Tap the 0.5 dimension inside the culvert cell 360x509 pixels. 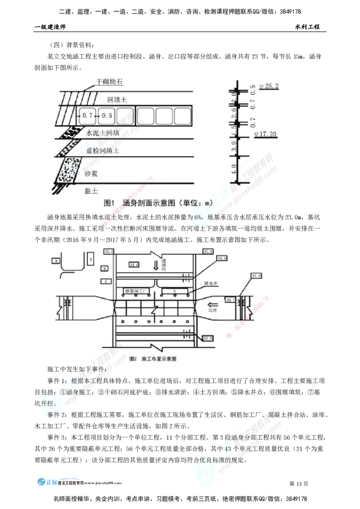[x=107, y=116]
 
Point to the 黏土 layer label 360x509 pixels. [x=90, y=192]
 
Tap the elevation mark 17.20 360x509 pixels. [x=266, y=134]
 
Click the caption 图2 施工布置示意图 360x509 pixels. [x=152, y=359]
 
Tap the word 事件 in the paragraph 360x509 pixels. [x=54, y=415]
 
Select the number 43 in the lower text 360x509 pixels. [x=224, y=449]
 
